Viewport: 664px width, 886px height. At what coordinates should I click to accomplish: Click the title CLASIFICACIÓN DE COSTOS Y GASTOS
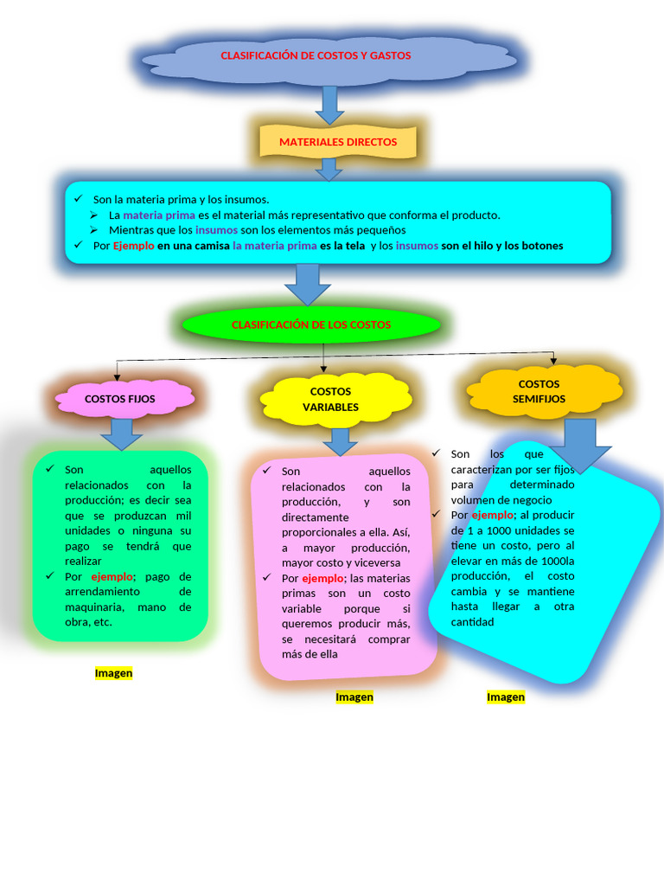316,55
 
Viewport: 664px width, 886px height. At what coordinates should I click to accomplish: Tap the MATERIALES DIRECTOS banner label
338,142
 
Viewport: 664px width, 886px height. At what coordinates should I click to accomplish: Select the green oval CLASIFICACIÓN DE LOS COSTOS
311,324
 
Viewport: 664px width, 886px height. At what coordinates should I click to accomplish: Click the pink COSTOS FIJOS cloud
119,399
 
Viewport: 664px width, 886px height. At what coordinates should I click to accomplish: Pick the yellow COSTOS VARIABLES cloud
335,399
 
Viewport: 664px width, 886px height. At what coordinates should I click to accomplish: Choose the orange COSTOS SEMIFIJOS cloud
544,391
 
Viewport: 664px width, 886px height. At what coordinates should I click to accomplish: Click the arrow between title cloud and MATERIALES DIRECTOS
329,105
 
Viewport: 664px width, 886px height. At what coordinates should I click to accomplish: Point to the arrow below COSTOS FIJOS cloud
121,434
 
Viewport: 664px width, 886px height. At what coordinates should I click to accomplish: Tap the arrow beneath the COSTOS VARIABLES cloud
339,442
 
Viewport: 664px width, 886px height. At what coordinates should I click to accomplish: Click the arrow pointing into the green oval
307,285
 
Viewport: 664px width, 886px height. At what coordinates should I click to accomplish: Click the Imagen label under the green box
113,673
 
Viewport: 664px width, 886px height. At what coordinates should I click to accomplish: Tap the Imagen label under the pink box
354,697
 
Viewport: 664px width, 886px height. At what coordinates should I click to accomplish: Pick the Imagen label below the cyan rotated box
506,697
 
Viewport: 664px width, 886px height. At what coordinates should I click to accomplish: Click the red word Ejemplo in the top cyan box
133,246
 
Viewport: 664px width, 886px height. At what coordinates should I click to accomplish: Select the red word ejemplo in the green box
112,577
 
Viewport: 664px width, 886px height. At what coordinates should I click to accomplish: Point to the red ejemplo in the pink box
322,579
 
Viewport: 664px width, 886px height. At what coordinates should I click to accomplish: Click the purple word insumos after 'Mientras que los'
216,230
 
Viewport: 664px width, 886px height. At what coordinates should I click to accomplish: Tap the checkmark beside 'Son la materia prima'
79,198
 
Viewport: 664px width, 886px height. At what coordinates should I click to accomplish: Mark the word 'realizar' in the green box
83,561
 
